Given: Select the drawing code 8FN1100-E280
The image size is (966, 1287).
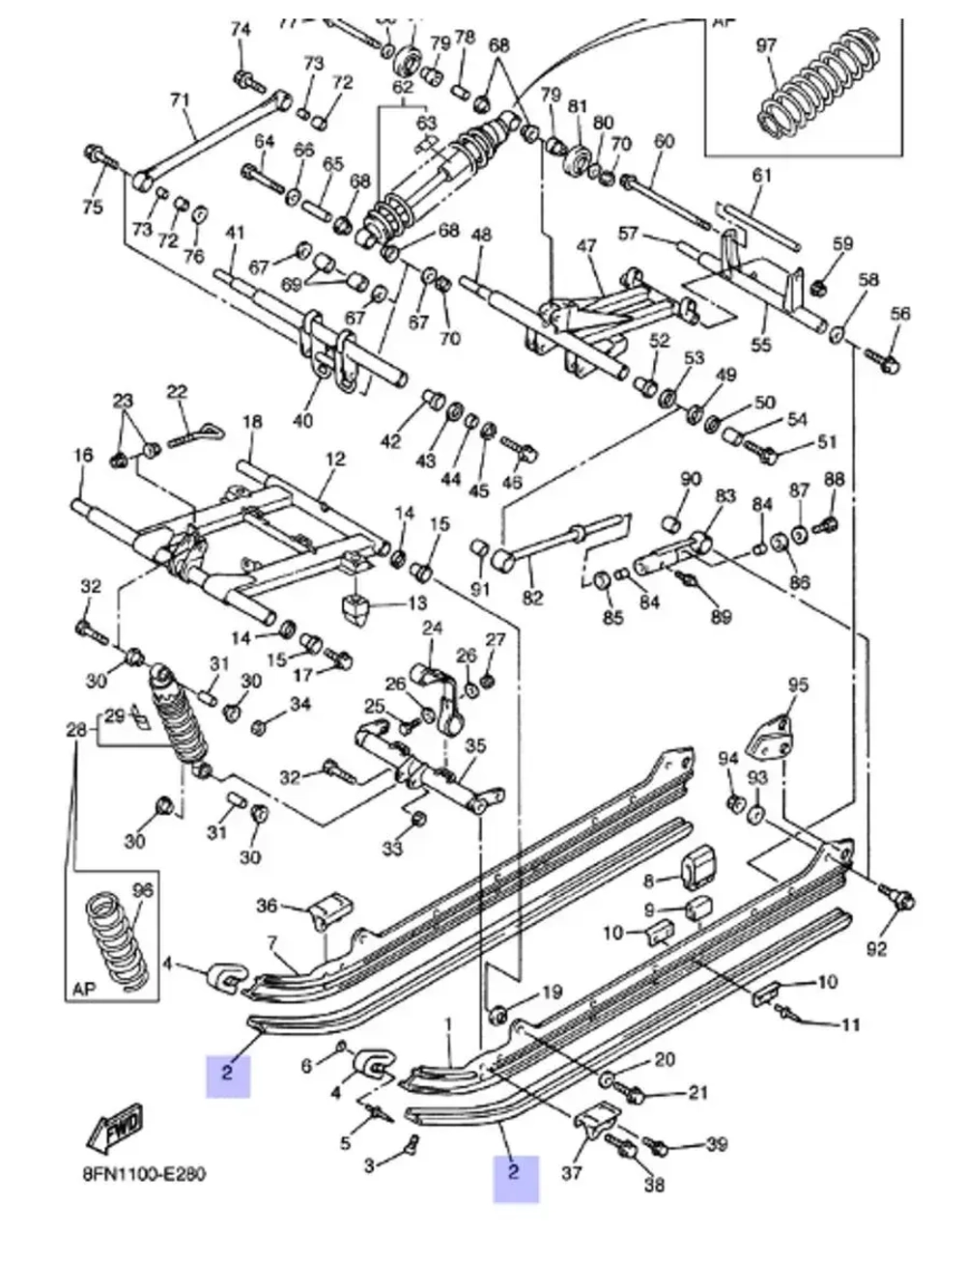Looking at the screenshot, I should coord(144,1175).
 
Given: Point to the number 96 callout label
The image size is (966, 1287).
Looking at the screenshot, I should coord(142,890).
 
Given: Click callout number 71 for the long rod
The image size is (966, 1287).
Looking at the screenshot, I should coord(180,99).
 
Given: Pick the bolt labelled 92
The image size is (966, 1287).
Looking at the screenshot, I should coord(903,900).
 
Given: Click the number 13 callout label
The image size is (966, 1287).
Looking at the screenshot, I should coord(416,604).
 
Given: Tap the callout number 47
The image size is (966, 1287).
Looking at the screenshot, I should coord(586,247).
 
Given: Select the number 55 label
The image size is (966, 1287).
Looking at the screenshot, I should coord(761,344).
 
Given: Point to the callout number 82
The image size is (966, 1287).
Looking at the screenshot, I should coord(533,598).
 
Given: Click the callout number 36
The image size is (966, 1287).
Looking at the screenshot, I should coord(267,905).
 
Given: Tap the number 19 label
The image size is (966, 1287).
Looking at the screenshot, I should coord(551,992).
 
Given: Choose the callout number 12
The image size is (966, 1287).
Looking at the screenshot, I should coord(334,460).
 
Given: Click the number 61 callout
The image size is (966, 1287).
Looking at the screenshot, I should coord(762,175).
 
